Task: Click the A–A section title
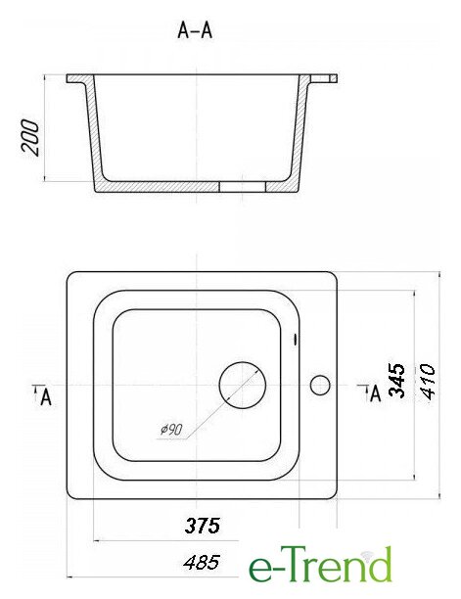point(195,30)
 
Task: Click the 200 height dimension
point(30,138)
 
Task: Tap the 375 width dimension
point(203,526)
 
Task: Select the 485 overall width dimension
point(202,563)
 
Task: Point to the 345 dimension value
point(396,381)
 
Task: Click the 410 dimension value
point(428,382)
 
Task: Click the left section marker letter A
point(46,396)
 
